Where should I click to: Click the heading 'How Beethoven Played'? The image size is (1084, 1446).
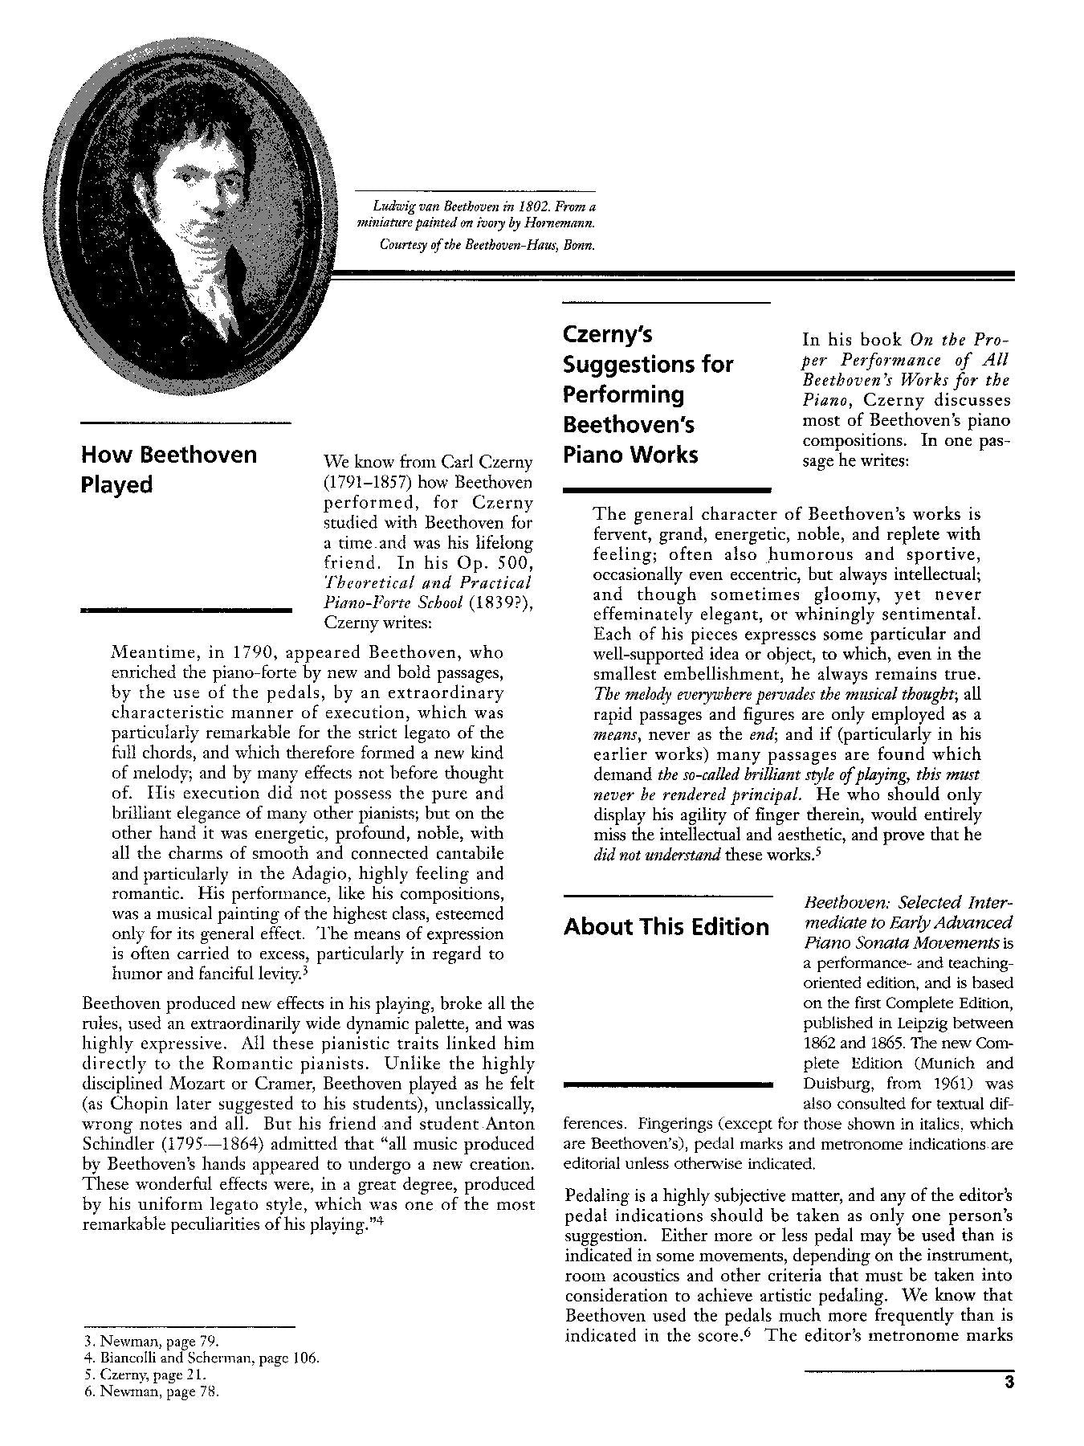click(169, 469)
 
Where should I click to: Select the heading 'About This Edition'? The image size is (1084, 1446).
click(666, 926)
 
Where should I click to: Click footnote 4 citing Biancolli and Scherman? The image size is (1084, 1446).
click(201, 1358)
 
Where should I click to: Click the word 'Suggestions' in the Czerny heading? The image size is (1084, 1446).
click(647, 364)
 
